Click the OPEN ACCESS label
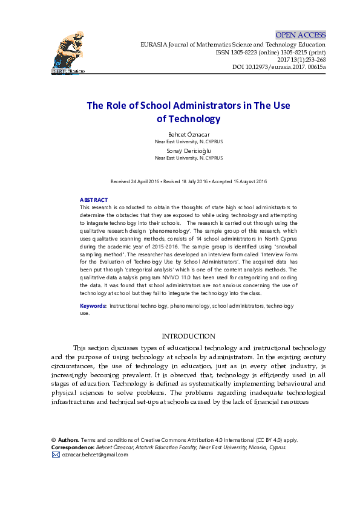coord(300,35)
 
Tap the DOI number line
coord(279,67)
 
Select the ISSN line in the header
coord(270,53)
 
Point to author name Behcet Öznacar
coord(189,134)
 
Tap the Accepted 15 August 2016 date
coord(239,181)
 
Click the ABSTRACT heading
coord(94,200)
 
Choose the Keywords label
coord(93,306)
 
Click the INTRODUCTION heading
coord(189,336)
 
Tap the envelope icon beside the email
coord(56,455)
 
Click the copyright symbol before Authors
coord(54,440)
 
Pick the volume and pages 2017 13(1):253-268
coord(301,60)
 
